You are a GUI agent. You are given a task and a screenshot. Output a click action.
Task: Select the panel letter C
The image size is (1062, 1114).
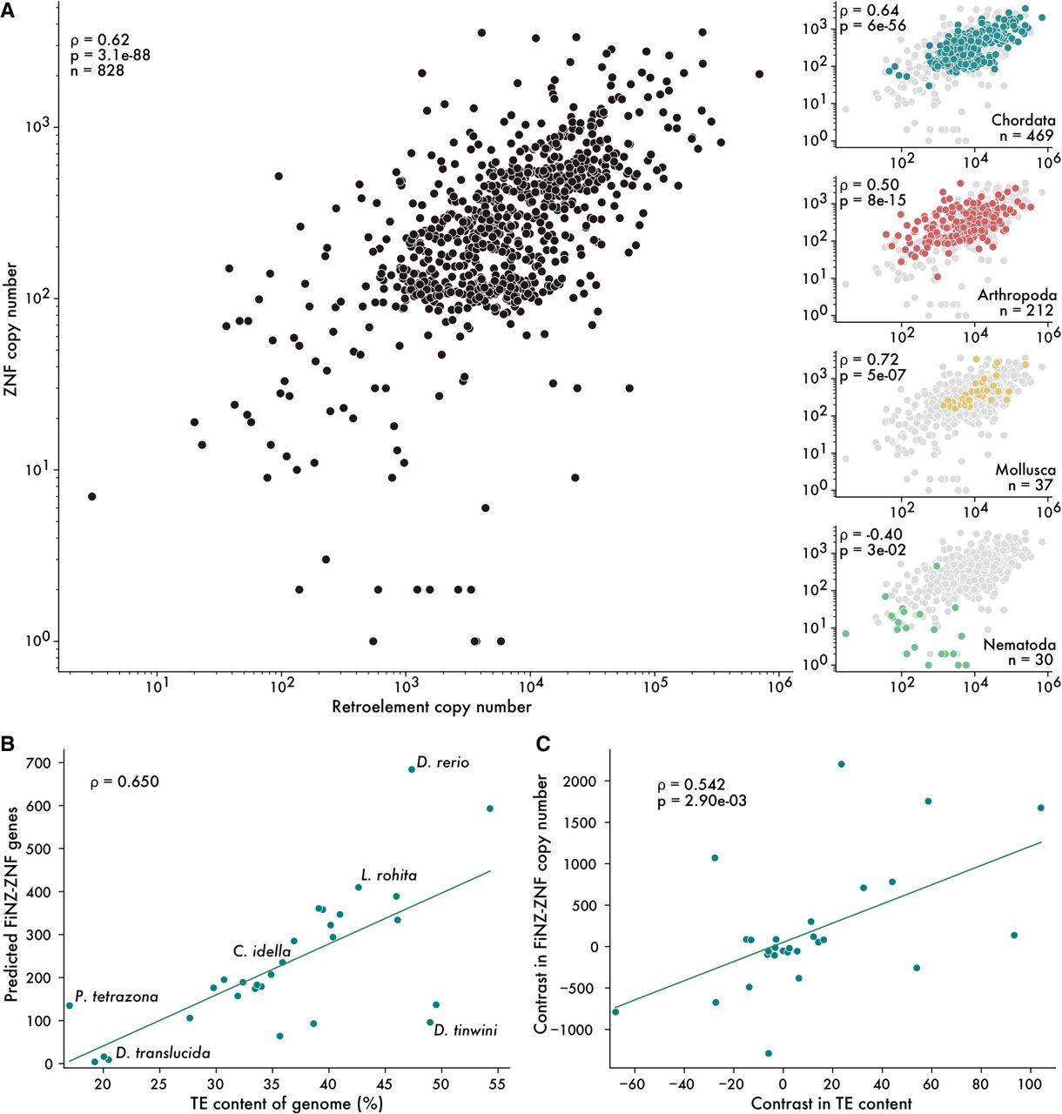[x=541, y=746]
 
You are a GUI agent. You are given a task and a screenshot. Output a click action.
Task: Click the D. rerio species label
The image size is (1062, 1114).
[x=442, y=763]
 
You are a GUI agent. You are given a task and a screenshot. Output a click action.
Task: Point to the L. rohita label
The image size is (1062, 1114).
[x=389, y=876]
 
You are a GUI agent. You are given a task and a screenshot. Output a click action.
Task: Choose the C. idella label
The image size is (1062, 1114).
[x=261, y=952]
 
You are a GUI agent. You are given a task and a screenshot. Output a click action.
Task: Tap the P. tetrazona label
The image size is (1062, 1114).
[x=117, y=997]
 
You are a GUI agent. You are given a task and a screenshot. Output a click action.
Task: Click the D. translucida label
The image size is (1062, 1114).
[x=163, y=1054]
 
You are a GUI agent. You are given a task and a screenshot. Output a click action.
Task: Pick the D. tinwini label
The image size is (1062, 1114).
[x=466, y=1031]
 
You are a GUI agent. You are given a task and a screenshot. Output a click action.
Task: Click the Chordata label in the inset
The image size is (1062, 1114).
[x=1023, y=120]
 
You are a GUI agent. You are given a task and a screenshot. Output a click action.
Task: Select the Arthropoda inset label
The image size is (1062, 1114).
[x=1015, y=295]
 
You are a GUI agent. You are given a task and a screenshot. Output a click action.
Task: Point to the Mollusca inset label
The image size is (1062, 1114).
[x=1025, y=470]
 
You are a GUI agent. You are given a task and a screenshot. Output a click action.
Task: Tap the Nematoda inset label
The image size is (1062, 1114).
[x=1019, y=645]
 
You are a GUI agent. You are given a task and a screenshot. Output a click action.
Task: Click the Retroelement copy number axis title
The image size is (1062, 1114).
[x=431, y=707]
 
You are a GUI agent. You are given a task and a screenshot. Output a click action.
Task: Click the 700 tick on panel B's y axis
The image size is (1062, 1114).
[x=44, y=763]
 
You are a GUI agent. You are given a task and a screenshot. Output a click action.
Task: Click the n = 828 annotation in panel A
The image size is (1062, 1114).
[x=97, y=70]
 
